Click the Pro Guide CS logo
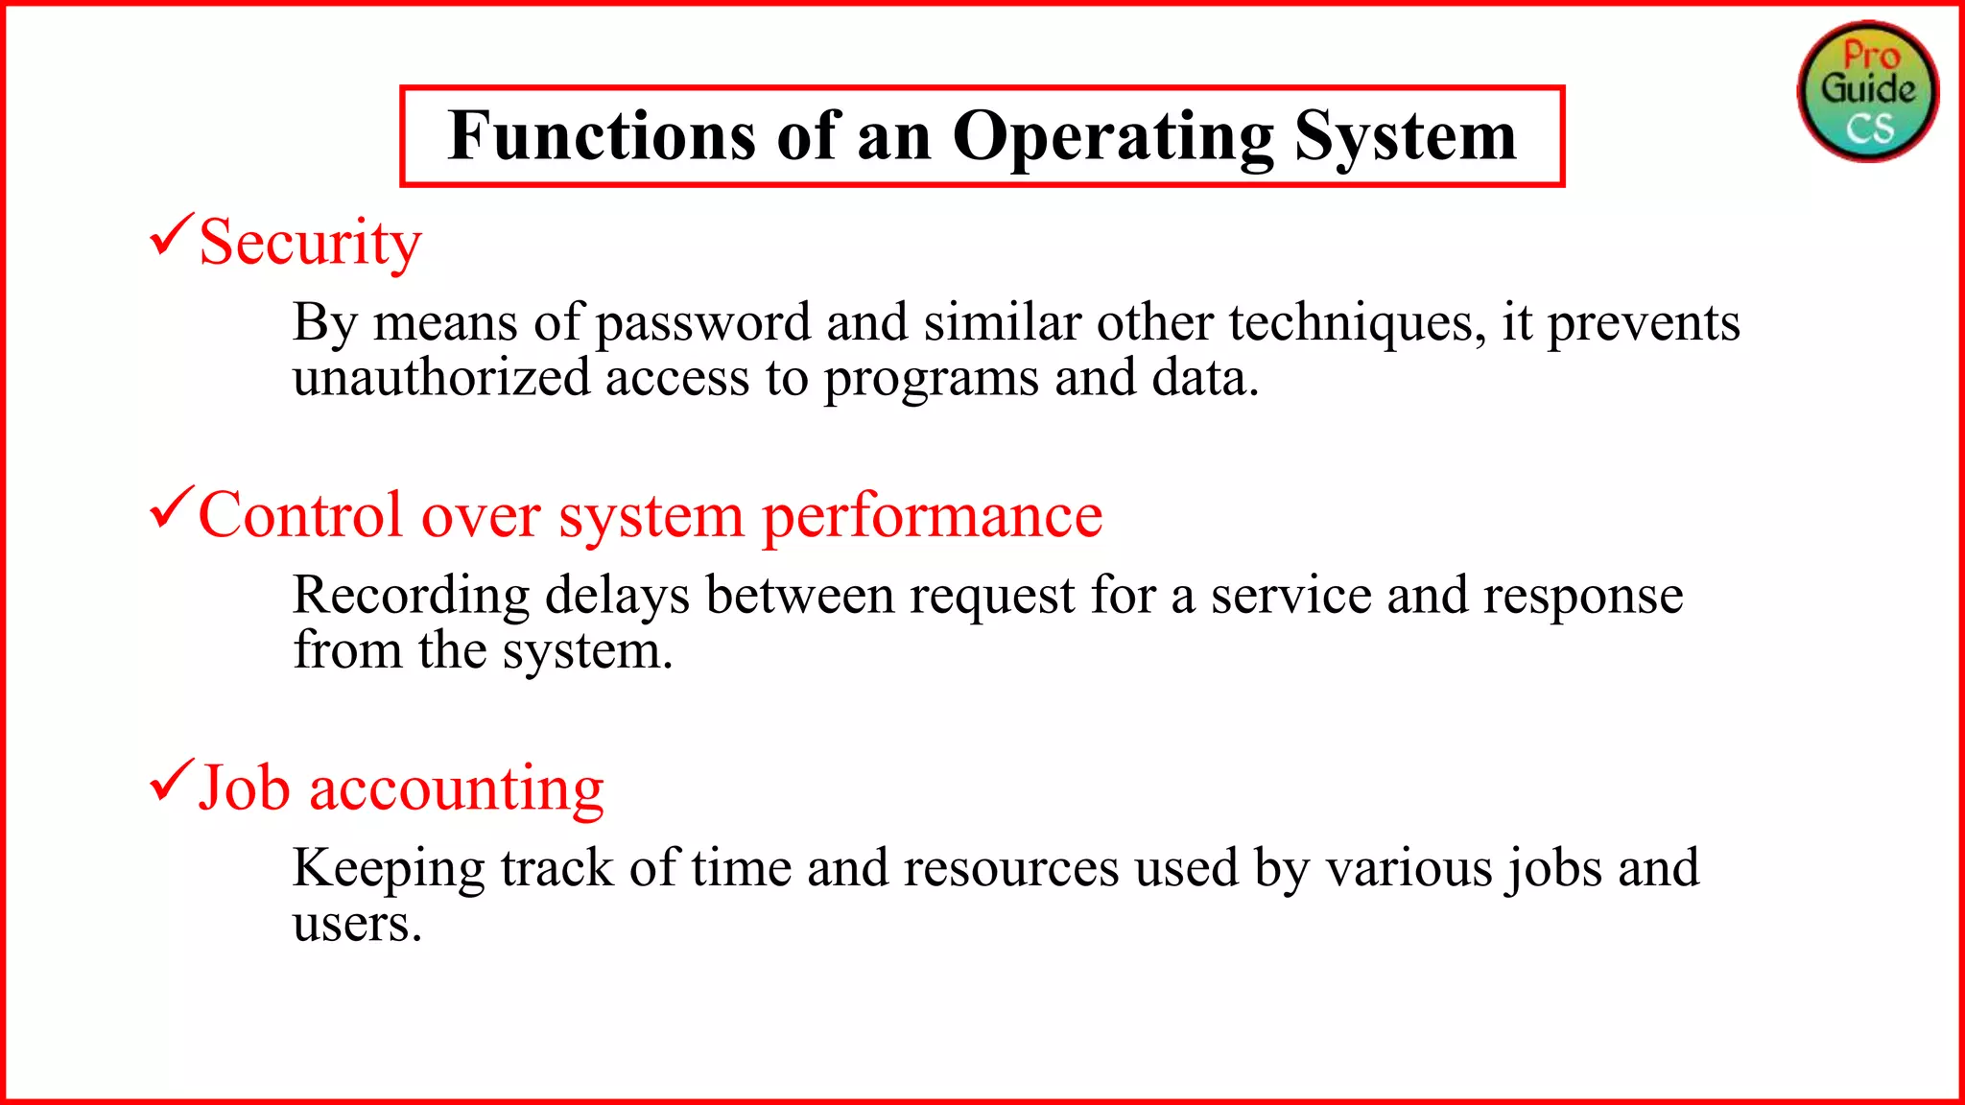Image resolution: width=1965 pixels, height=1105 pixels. click(1867, 91)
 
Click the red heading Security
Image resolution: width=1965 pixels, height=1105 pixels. click(310, 242)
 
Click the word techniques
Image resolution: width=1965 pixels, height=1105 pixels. click(1350, 322)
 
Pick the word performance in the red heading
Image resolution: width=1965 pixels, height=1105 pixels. click(932, 517)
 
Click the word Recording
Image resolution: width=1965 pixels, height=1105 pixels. click(411, 596)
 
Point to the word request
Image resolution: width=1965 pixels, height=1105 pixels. click(992, 597)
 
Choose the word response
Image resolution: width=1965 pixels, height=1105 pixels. click(1583, 597)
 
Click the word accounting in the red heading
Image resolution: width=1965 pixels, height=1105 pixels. click(457, 789)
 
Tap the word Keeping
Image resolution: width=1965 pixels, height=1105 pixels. click(389, 869)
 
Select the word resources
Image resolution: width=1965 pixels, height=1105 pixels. click(1011, 868)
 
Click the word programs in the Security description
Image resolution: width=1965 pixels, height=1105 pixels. click(931, 379)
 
